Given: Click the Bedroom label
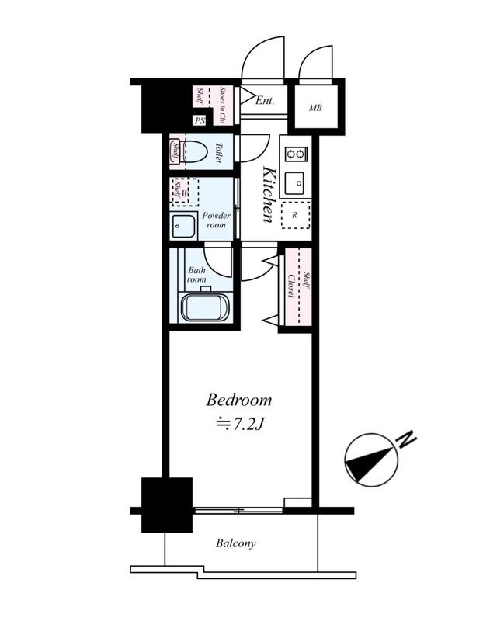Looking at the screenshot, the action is click(239, 400).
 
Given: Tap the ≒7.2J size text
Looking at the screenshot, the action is click(240, 424).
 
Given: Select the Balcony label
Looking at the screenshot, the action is click(236, 543).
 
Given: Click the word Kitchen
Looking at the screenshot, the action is click(269, 195).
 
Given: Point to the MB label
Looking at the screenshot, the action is click(315, 107).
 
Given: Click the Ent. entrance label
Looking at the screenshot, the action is click(265, 100).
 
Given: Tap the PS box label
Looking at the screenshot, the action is click(200, 121).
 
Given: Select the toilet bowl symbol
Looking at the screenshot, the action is click(193, 151).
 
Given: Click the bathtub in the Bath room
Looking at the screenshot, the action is click(205, 307).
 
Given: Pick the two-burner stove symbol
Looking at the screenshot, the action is click(297, 154).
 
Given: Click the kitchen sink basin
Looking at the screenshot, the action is click(294, 183).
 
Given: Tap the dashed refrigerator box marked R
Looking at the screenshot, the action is click(296, 215).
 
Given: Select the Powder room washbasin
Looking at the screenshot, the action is click(183, 225).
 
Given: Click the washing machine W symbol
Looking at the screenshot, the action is click(185, 192).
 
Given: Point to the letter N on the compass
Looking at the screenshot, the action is click(408, 439).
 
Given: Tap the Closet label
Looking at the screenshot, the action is click(291, 286).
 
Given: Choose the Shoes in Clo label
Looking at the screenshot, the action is click(222, 105).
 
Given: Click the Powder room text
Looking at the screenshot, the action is click(216, 220).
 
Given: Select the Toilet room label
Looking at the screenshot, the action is click(218, 152).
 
